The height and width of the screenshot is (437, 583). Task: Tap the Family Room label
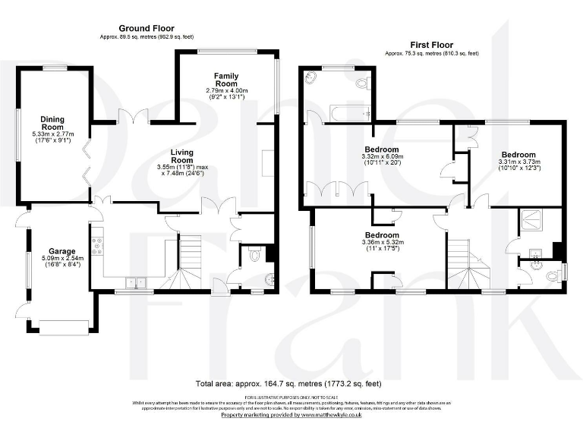click(226, 80)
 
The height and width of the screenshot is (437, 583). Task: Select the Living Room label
click(181, 156)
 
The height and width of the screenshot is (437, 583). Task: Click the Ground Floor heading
click(142, 28)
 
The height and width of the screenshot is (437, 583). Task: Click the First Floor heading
click(431, 45)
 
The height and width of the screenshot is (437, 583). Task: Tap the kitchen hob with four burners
click(97, 244)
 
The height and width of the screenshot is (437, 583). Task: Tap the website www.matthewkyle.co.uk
click(333, 415)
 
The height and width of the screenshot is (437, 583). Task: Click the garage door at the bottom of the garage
click(64, 327)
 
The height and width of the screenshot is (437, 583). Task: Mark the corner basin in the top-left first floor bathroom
click(312, 77)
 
